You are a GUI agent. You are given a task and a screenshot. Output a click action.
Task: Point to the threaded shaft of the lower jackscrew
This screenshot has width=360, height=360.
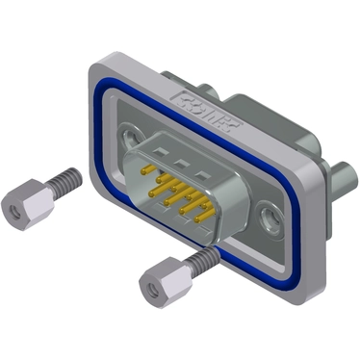pos(199,259)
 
